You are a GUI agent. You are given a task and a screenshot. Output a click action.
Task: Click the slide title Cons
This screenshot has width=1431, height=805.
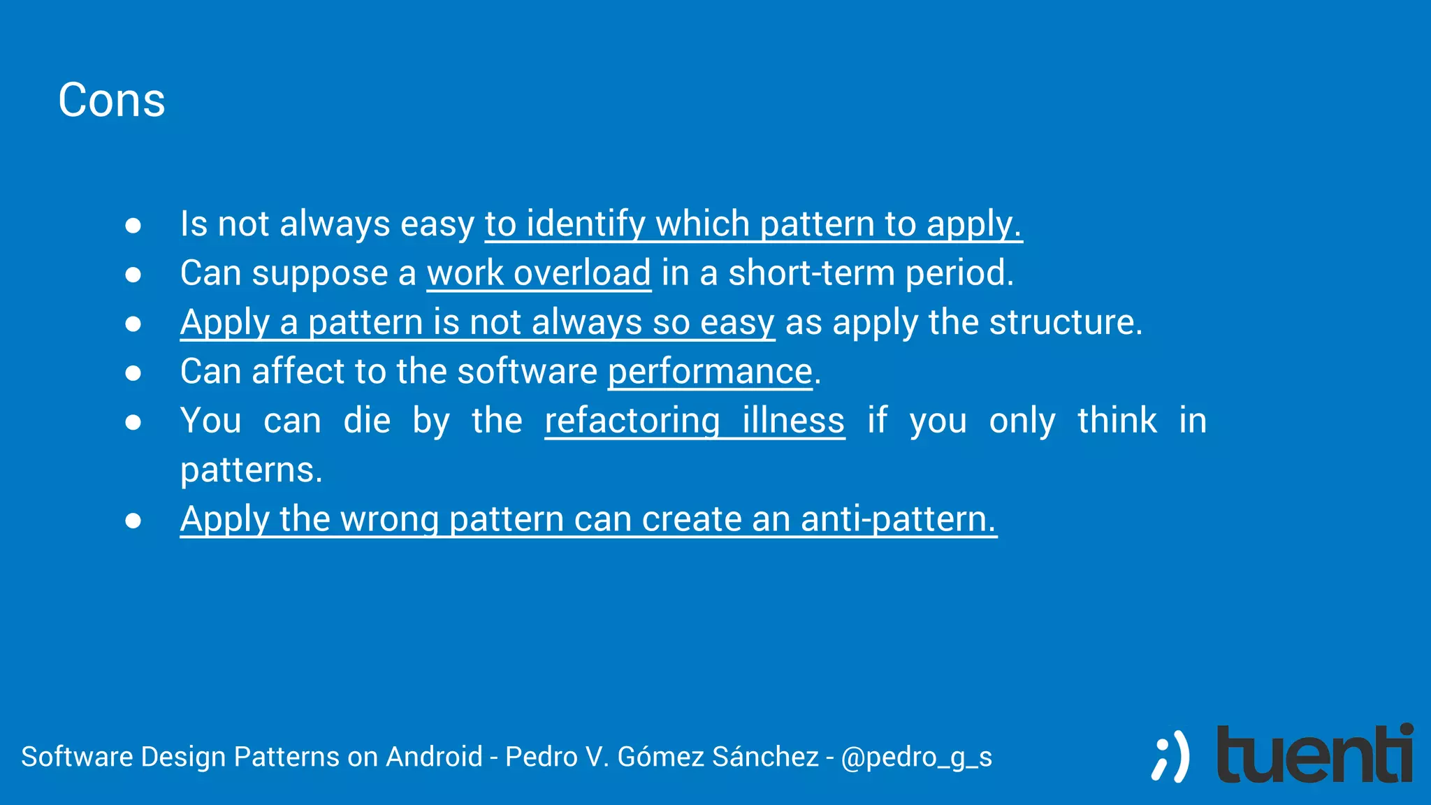(112, 100)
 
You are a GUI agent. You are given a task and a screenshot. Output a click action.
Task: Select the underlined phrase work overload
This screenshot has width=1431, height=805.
(539, 273)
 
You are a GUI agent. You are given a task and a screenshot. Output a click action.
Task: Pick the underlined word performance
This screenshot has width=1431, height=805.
(710, 372)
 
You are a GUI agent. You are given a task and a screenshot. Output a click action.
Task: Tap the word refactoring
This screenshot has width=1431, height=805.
(632, 421)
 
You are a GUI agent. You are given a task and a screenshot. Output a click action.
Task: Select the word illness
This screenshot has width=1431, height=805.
(793, 421)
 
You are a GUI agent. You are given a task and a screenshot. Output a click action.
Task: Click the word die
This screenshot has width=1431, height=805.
(367, 421)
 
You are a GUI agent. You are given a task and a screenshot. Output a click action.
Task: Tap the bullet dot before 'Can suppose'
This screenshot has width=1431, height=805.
(133, 275)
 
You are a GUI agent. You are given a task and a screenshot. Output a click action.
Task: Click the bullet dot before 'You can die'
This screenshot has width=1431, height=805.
(133, 422)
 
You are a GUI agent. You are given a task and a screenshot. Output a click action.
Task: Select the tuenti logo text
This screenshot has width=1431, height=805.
(1314, 755)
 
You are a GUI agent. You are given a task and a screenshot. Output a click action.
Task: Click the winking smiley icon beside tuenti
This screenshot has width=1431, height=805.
(1170, 756)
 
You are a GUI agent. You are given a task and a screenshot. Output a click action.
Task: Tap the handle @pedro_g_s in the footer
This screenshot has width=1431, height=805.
(916, 757)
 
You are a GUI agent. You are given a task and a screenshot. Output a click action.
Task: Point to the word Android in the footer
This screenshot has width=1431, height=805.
(434, 757)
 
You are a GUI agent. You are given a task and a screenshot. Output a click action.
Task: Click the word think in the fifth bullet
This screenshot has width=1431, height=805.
(1117, 421)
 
